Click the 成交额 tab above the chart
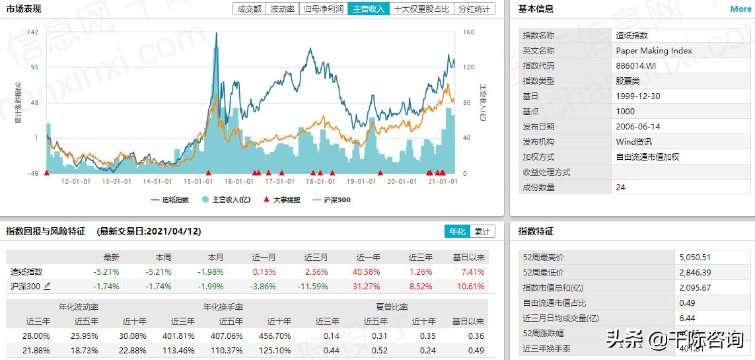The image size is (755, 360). tap(249, 9)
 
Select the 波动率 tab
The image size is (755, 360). tap(283, 9)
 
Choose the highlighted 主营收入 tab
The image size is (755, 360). tap(369, 9)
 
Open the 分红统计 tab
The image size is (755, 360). tap(475, 9)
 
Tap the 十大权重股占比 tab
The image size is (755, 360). tap(421, 9)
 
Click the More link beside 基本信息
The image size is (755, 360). tap(740, 9)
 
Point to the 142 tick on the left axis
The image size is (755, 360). tap(33, 32)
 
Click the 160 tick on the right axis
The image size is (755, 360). tap(469, 32)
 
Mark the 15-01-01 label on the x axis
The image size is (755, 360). tap(198, 181)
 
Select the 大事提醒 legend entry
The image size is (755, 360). tap(282, 199)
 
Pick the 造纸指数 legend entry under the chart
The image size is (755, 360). tap(170, 199)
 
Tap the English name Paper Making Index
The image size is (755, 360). tap(654, 51)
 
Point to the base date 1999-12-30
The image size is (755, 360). tap(637, 96)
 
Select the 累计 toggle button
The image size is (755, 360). tap(482, 232)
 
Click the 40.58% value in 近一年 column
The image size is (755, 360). tap(369, 272)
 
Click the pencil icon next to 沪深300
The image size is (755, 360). tap(47, 286)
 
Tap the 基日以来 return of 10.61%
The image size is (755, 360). tap(471, 287)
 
